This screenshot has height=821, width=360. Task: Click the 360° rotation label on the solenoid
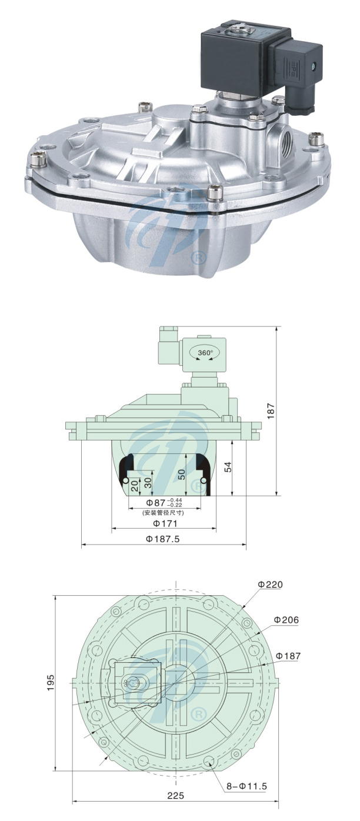pyautogui.click(x=205, y=353)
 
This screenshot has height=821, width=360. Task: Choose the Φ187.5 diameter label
pyautogui.click(x=163, y=539)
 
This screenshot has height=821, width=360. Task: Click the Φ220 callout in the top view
pyautogui.click(x=270, y=585)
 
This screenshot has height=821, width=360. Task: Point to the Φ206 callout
pyautogui.click(x=286, y=620)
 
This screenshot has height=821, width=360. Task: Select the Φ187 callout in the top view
pyautogui.click(x=288, y=656)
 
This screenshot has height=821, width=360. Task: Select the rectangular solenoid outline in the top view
pyautogui.click(x=139, y=682)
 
